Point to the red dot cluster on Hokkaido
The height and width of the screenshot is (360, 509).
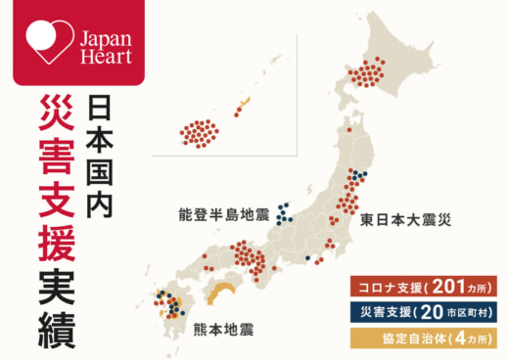[x=370, y=72]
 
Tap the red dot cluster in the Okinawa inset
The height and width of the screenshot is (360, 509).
[x=200, y=134]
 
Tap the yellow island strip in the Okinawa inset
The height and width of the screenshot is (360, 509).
[x=243, y=105]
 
